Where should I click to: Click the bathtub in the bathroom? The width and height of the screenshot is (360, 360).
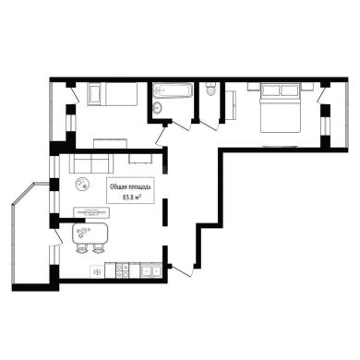[173, 90]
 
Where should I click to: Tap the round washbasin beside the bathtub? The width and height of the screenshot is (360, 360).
[158, 107]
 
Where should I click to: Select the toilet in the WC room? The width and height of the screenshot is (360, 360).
[210, 89]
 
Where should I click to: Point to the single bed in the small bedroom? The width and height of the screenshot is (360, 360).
[113, 94]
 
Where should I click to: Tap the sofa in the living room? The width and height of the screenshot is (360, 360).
[91, 163]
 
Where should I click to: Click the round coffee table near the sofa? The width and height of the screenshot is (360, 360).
[82, 184]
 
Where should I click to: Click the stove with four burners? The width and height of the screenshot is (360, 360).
[123, 270]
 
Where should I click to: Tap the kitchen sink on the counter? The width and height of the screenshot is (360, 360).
[151, 270]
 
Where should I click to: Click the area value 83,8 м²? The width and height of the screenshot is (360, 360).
[130, 198]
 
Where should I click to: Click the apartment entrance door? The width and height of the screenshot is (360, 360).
[182, 270]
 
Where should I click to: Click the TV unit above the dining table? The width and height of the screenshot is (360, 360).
[91, 212]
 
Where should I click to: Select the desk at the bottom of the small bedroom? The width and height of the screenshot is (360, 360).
[110, 144]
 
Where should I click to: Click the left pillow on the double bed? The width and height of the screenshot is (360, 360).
[270, 90]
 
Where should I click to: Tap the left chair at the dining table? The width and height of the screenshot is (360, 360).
[81, 248]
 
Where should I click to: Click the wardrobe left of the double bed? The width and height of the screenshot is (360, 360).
[231, 104]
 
